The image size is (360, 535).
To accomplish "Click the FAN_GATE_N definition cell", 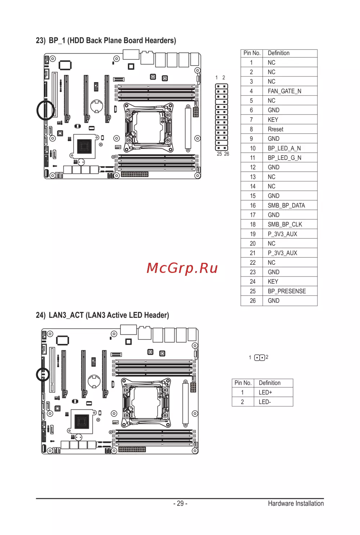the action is click(284, 91).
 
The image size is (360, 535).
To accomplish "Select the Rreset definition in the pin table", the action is click(275, 129).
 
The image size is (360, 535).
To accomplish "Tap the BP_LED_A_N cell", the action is click(284, 148).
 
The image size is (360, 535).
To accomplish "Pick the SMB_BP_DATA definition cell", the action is click(286, 206).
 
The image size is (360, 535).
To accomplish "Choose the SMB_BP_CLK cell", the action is click(285, 225).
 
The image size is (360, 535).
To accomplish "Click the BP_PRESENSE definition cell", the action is click(287, 291).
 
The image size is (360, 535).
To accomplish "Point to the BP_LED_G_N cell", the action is click(284, 158).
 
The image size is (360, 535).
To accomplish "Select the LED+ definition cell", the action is click(265, 392).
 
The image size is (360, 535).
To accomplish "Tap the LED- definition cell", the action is click(265, 402).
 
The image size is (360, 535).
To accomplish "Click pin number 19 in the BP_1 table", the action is click(253, 234).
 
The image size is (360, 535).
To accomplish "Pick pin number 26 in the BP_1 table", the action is click(253, 301).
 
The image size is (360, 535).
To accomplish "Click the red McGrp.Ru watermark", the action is click(182, 268).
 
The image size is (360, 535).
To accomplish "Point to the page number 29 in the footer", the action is click(180, 503).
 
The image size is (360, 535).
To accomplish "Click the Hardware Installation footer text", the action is click(296, 503).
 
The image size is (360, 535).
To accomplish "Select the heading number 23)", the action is click(41, 41).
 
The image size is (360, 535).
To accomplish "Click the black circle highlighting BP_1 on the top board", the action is click(37, 110).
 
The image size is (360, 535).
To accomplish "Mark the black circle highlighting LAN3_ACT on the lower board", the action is click(37, 374).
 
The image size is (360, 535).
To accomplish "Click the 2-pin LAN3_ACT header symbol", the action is click(260, 358).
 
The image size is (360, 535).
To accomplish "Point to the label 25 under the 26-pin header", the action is click(219, 154).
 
